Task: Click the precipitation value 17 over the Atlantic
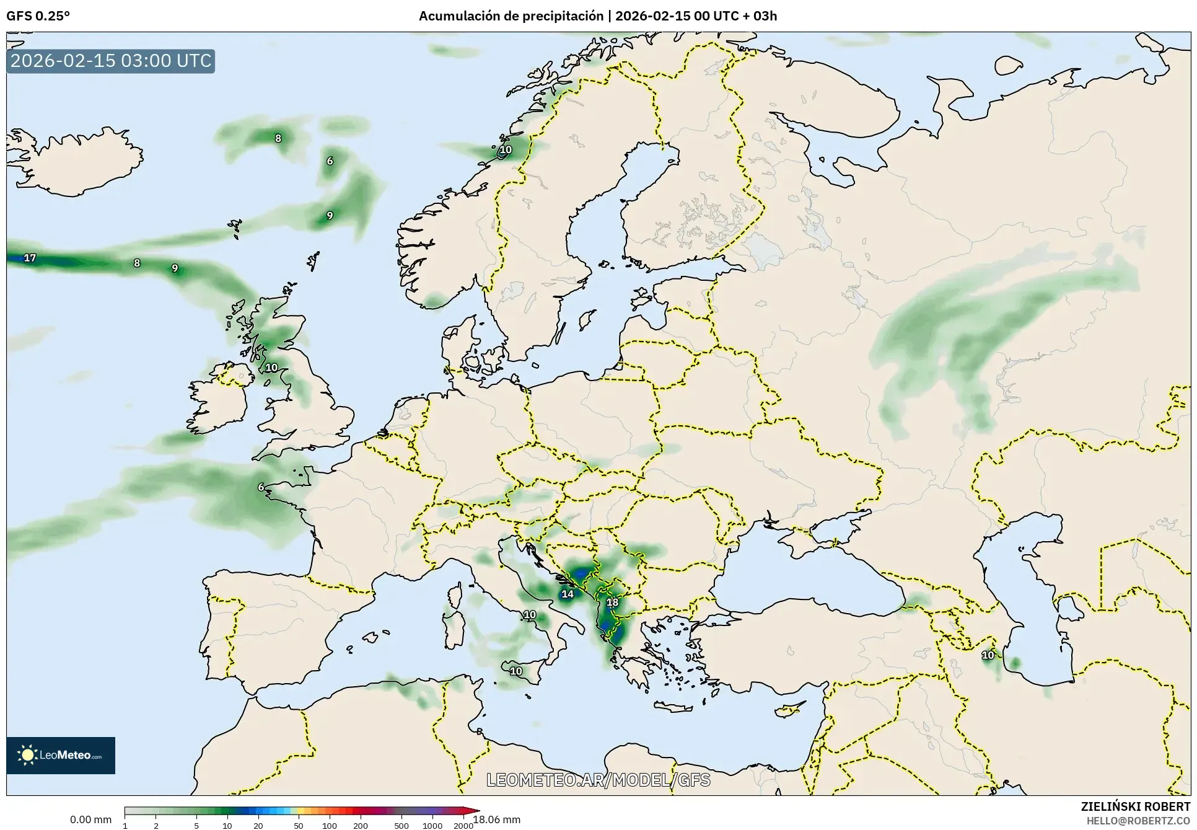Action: [x=30, y=258]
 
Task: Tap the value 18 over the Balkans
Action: [x=612, y=602]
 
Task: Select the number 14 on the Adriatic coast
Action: [x=568, y=594]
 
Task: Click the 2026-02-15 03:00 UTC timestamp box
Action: [x=111, y=61]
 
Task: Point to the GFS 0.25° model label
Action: [x=38, y=16]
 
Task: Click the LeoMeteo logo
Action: [x=61, y=755]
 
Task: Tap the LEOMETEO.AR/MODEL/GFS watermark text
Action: [x=598, y=780]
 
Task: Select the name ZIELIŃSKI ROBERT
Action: [x=1135, y=806]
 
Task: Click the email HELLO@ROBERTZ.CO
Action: [x=1138, y=821]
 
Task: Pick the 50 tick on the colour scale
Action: [x=299, y=825]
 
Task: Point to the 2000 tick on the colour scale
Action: [x=463, y=825]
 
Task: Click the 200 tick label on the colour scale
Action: [x=360, y=825]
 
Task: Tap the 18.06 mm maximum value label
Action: [x=497, y=819]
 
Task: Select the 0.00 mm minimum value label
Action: [x=90, y=819]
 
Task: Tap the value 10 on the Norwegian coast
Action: [x=506, y=149]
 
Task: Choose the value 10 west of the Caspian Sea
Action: [x=988, y=655]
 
